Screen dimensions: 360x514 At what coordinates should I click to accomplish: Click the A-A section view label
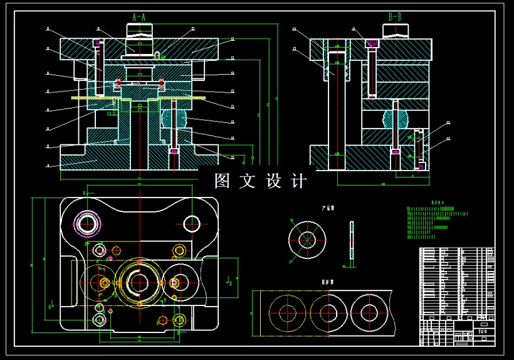139,17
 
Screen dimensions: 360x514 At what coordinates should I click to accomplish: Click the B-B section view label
395,17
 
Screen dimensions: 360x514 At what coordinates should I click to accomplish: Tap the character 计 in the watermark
300,181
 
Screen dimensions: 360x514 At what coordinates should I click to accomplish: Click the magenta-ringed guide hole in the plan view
87,223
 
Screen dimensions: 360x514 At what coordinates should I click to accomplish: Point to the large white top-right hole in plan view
191,223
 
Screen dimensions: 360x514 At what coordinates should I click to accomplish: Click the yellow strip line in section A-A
138,98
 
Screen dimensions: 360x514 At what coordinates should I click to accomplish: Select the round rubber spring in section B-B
394,118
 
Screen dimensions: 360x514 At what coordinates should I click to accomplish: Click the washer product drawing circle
307,239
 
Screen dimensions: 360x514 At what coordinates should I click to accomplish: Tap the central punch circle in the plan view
139,281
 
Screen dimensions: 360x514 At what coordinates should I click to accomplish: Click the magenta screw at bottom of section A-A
174,151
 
